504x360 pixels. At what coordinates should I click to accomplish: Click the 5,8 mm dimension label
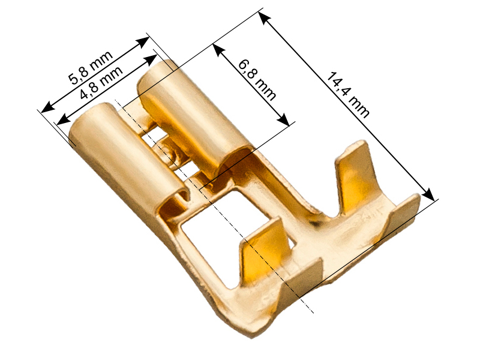click(91, 67)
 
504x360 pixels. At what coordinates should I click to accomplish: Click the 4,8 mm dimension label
click(101, 83)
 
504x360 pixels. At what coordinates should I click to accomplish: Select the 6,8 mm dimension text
click(257, 80)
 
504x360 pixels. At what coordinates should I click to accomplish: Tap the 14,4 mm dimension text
click(349, 95)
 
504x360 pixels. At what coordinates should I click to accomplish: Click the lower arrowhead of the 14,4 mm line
click(428, 194)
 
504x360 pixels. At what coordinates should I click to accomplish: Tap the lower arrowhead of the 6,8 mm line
click(283, 119)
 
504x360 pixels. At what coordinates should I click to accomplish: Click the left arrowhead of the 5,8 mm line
click(48, 107)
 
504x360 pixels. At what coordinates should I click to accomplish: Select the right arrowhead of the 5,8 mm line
click(143, 42)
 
